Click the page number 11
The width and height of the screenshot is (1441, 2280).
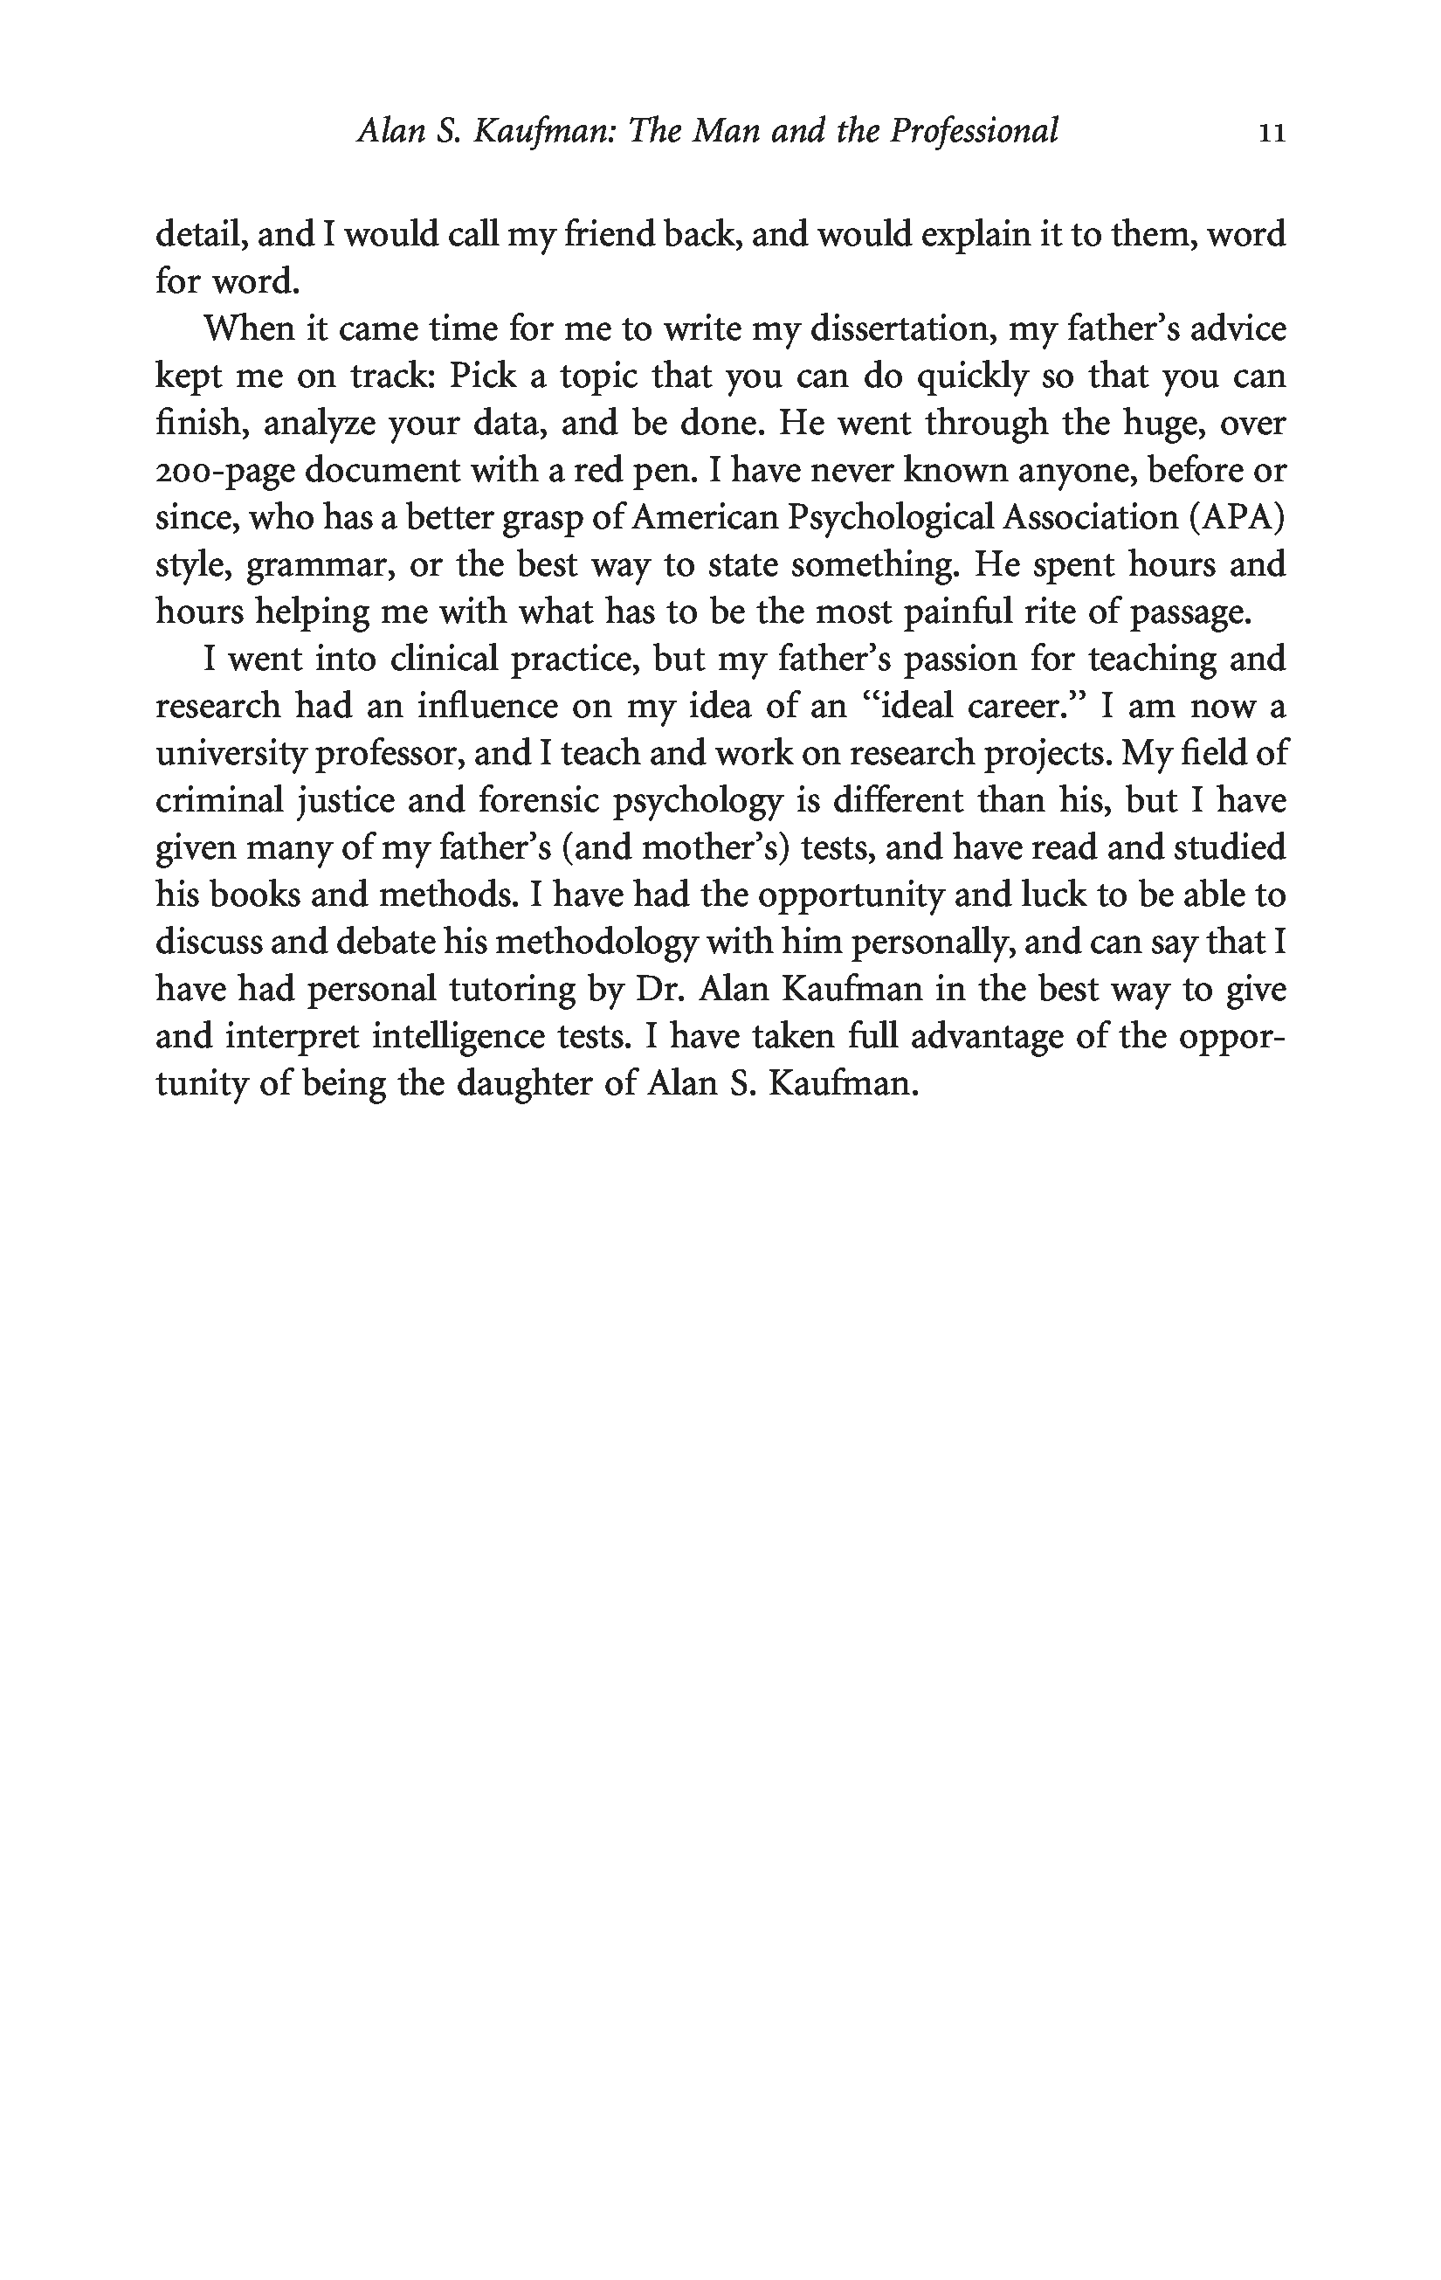tap(1272, 134)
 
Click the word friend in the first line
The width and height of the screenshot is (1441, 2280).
tap(608, 235)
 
